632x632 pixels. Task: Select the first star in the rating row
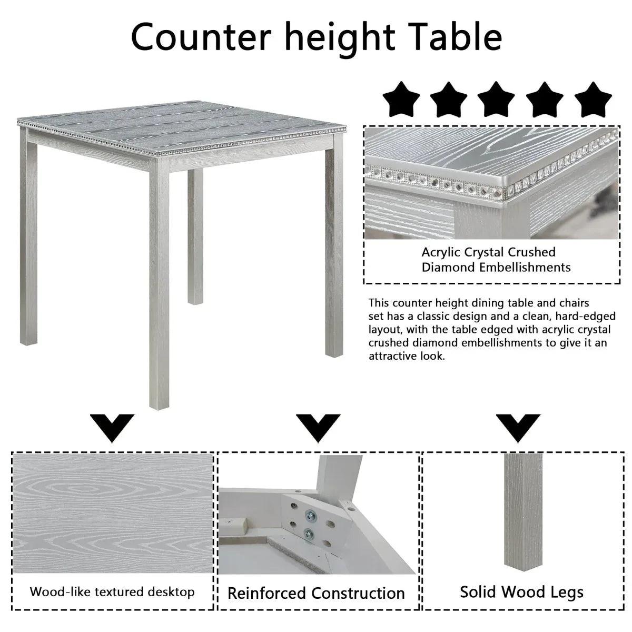(401, 100)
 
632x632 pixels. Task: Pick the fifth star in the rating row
(592, 100)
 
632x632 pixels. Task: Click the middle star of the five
(497, 100)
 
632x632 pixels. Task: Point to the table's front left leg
(160, 284)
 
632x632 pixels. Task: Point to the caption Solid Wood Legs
(521, 592)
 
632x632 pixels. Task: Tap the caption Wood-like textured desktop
(112, 591)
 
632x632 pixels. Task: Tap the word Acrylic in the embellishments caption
(443, 253)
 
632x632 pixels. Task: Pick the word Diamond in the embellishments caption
(448, 268)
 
